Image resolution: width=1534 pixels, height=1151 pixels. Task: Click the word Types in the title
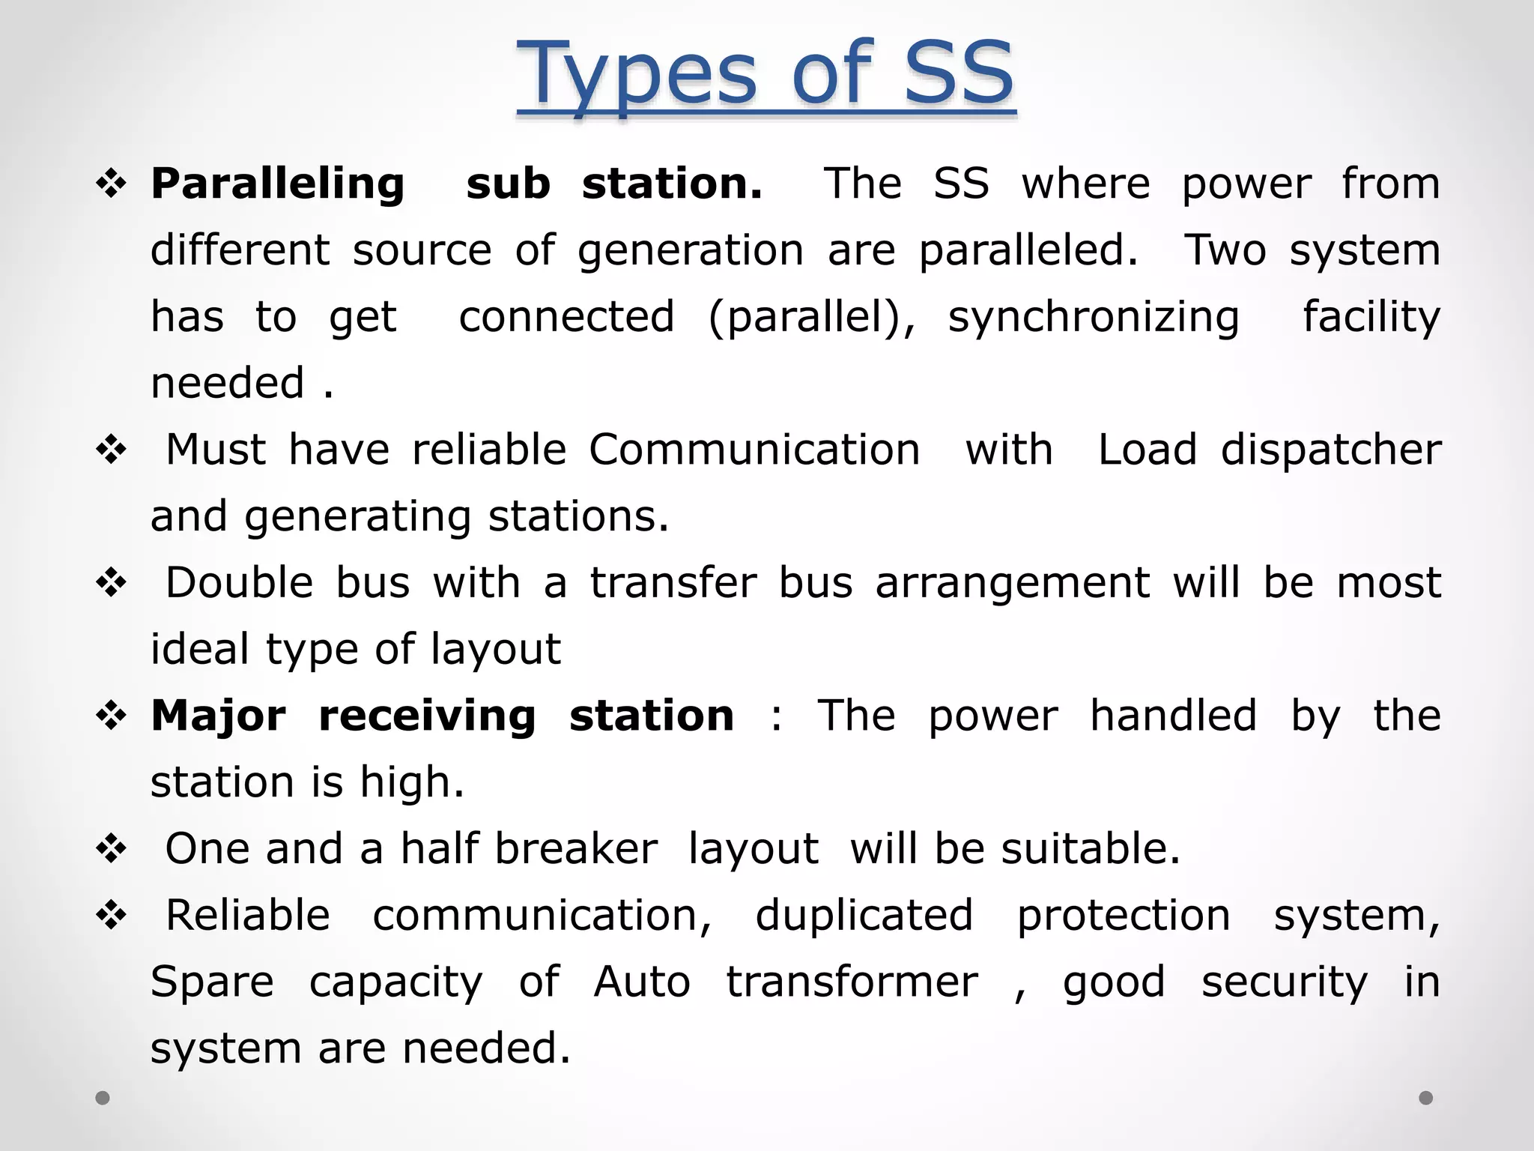pos(636,75)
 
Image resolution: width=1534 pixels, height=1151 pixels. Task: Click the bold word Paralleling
pos(278,184)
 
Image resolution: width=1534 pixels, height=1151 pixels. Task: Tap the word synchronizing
pos(1094,318)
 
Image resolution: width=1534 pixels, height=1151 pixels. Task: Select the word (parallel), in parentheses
pos(812,318)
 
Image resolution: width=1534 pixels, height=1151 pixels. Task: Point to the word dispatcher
pos(1331,450)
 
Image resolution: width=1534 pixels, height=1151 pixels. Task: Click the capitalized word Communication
pos(754,450)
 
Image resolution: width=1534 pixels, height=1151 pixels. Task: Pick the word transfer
pos(673,583)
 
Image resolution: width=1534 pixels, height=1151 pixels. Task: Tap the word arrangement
pos(1012,584)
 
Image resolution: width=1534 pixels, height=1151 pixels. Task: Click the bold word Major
pos(218,716)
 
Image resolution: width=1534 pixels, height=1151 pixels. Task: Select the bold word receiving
pos(427,717)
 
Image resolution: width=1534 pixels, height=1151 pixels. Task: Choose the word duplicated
pos(864,916)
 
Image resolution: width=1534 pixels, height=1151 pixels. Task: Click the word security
pos(1285,983)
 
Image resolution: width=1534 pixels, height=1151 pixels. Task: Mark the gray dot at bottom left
pos(103,1098)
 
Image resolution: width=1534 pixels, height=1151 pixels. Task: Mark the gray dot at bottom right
pos(1426,1098)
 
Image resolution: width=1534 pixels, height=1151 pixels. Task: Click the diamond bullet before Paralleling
pos(112,184)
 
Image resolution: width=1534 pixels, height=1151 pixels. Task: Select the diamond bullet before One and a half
pos(112,849)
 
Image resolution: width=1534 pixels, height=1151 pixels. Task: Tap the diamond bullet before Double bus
pos(112,583)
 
